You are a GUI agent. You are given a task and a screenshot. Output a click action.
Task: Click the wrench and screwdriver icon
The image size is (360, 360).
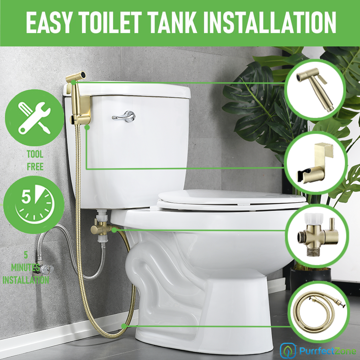(35, 118)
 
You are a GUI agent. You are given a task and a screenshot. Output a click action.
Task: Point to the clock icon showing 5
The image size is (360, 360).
(35, 204)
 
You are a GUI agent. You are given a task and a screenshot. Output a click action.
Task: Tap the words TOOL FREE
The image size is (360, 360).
(35, 160)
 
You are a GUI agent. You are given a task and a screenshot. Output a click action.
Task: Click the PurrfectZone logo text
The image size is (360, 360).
(328, 351)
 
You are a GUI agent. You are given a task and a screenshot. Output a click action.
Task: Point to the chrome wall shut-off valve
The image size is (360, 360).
(43, 269)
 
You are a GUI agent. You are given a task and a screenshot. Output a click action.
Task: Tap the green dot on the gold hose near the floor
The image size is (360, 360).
(124, 326)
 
